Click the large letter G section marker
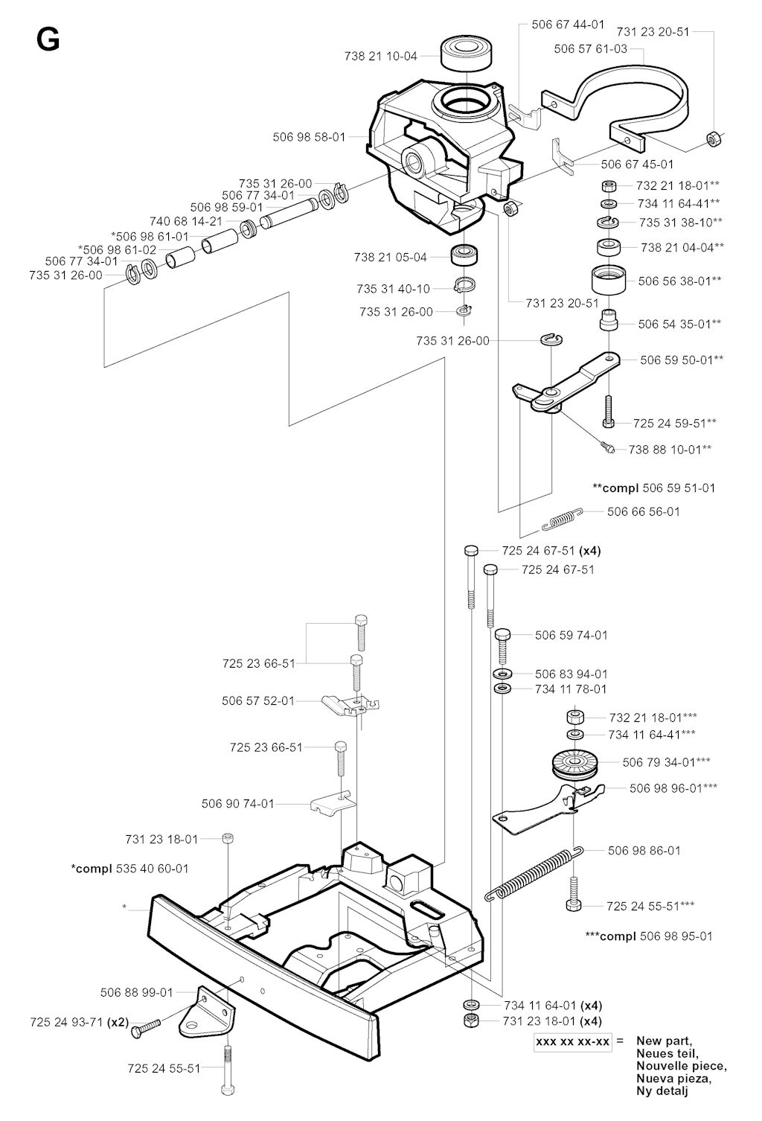tap(48, 40)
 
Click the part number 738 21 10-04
tap(381, 56)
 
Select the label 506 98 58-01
tap(309, 137)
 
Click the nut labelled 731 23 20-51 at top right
tap(711, 138)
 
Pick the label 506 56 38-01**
tap(680, 281)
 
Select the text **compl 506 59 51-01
tap(653, 488)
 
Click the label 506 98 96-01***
tap(673, 787)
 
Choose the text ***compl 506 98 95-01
tap(648, 936)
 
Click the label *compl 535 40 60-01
tap(129, 868)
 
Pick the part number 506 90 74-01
tap(237, 804)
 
